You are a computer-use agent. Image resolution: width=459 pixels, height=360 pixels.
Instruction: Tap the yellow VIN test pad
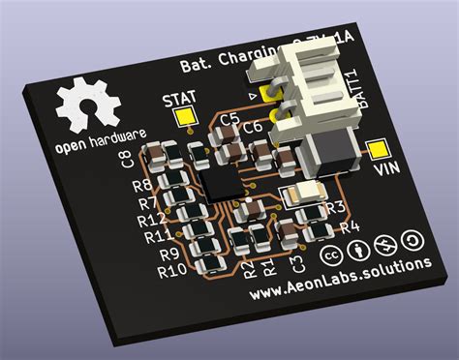377,150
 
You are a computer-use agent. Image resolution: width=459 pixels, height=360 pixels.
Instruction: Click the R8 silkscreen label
142,186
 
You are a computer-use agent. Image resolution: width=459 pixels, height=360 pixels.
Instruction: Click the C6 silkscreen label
253,127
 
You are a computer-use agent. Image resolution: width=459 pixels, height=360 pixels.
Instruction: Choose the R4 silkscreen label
350,227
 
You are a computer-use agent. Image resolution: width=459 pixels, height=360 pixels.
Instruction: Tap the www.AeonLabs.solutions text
338,280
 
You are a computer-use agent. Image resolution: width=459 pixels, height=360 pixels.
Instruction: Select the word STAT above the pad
180,99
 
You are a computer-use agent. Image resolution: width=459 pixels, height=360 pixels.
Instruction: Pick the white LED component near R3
302,194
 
